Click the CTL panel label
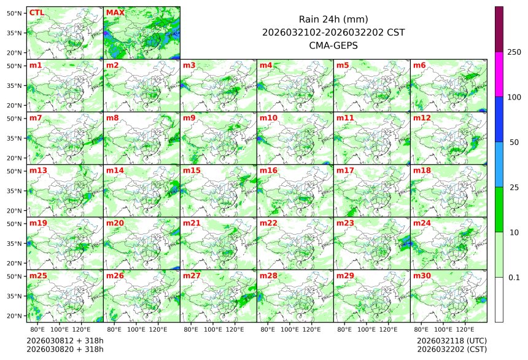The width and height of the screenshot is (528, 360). [36, 12]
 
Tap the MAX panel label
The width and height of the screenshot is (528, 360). [114, 12]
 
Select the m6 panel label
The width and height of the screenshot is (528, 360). [420, 65]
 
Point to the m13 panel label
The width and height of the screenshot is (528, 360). [38, 170]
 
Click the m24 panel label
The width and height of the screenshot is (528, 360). [422, 223]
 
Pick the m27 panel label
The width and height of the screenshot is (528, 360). [192, 276]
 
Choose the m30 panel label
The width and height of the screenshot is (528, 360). [422, 276]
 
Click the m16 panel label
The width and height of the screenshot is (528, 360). [268, 170]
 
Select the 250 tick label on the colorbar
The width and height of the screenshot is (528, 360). [514, 52]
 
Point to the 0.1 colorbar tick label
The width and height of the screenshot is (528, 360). [514, 277]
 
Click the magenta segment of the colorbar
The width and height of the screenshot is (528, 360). [499, 74]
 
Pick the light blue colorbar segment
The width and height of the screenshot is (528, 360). [499, 164]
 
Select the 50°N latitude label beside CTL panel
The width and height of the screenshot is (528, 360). [14, 13]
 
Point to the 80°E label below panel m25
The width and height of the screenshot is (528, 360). [45, 329]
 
